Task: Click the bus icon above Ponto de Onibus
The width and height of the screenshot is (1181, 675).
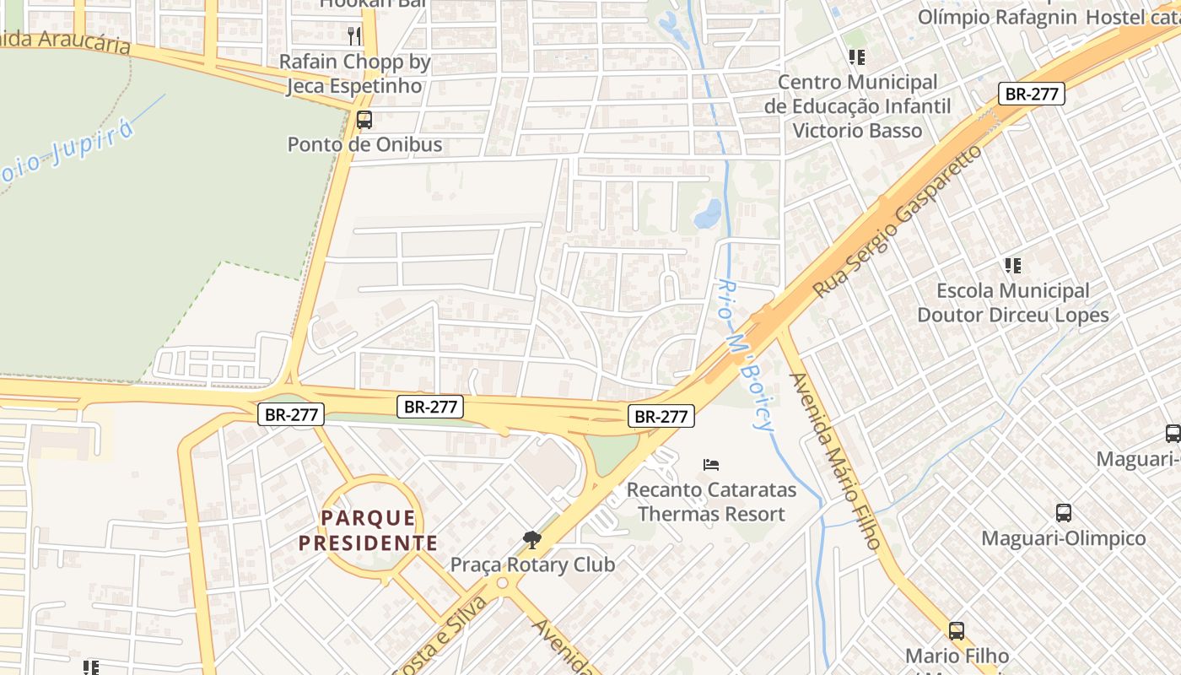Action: coord(364,120)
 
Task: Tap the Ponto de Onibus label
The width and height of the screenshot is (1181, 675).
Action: coord(364,144)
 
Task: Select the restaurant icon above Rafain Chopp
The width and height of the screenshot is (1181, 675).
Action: coord(354,35)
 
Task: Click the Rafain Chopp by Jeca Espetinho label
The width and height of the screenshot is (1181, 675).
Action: coord(354,73)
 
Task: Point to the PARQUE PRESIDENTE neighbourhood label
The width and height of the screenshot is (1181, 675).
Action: coord(369,530)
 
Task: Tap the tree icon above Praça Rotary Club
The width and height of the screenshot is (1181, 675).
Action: coord(531,539)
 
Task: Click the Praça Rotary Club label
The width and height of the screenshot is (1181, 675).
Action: coord(532,564)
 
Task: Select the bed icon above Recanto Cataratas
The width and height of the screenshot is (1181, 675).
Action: coord(711,464)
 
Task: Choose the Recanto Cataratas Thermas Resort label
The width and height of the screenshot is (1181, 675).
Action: coord(711,501)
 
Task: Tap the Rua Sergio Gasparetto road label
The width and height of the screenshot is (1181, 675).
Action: coord(898,221)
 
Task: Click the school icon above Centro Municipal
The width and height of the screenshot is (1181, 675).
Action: coord(857,57)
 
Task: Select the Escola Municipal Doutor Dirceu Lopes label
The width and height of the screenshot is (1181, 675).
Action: coord(1012,303)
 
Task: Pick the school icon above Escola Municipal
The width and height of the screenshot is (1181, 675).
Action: coord(1013,266)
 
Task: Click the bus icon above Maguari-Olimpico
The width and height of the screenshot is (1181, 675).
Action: coord(1064,513)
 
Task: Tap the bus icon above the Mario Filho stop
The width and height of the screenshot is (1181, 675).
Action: coord(956,630)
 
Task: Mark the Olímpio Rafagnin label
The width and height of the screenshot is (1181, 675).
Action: coord(997,17)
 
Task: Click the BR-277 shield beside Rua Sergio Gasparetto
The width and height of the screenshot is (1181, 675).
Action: coord(1031,94)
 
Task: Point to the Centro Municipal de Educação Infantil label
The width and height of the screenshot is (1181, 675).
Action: coord(857,106)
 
